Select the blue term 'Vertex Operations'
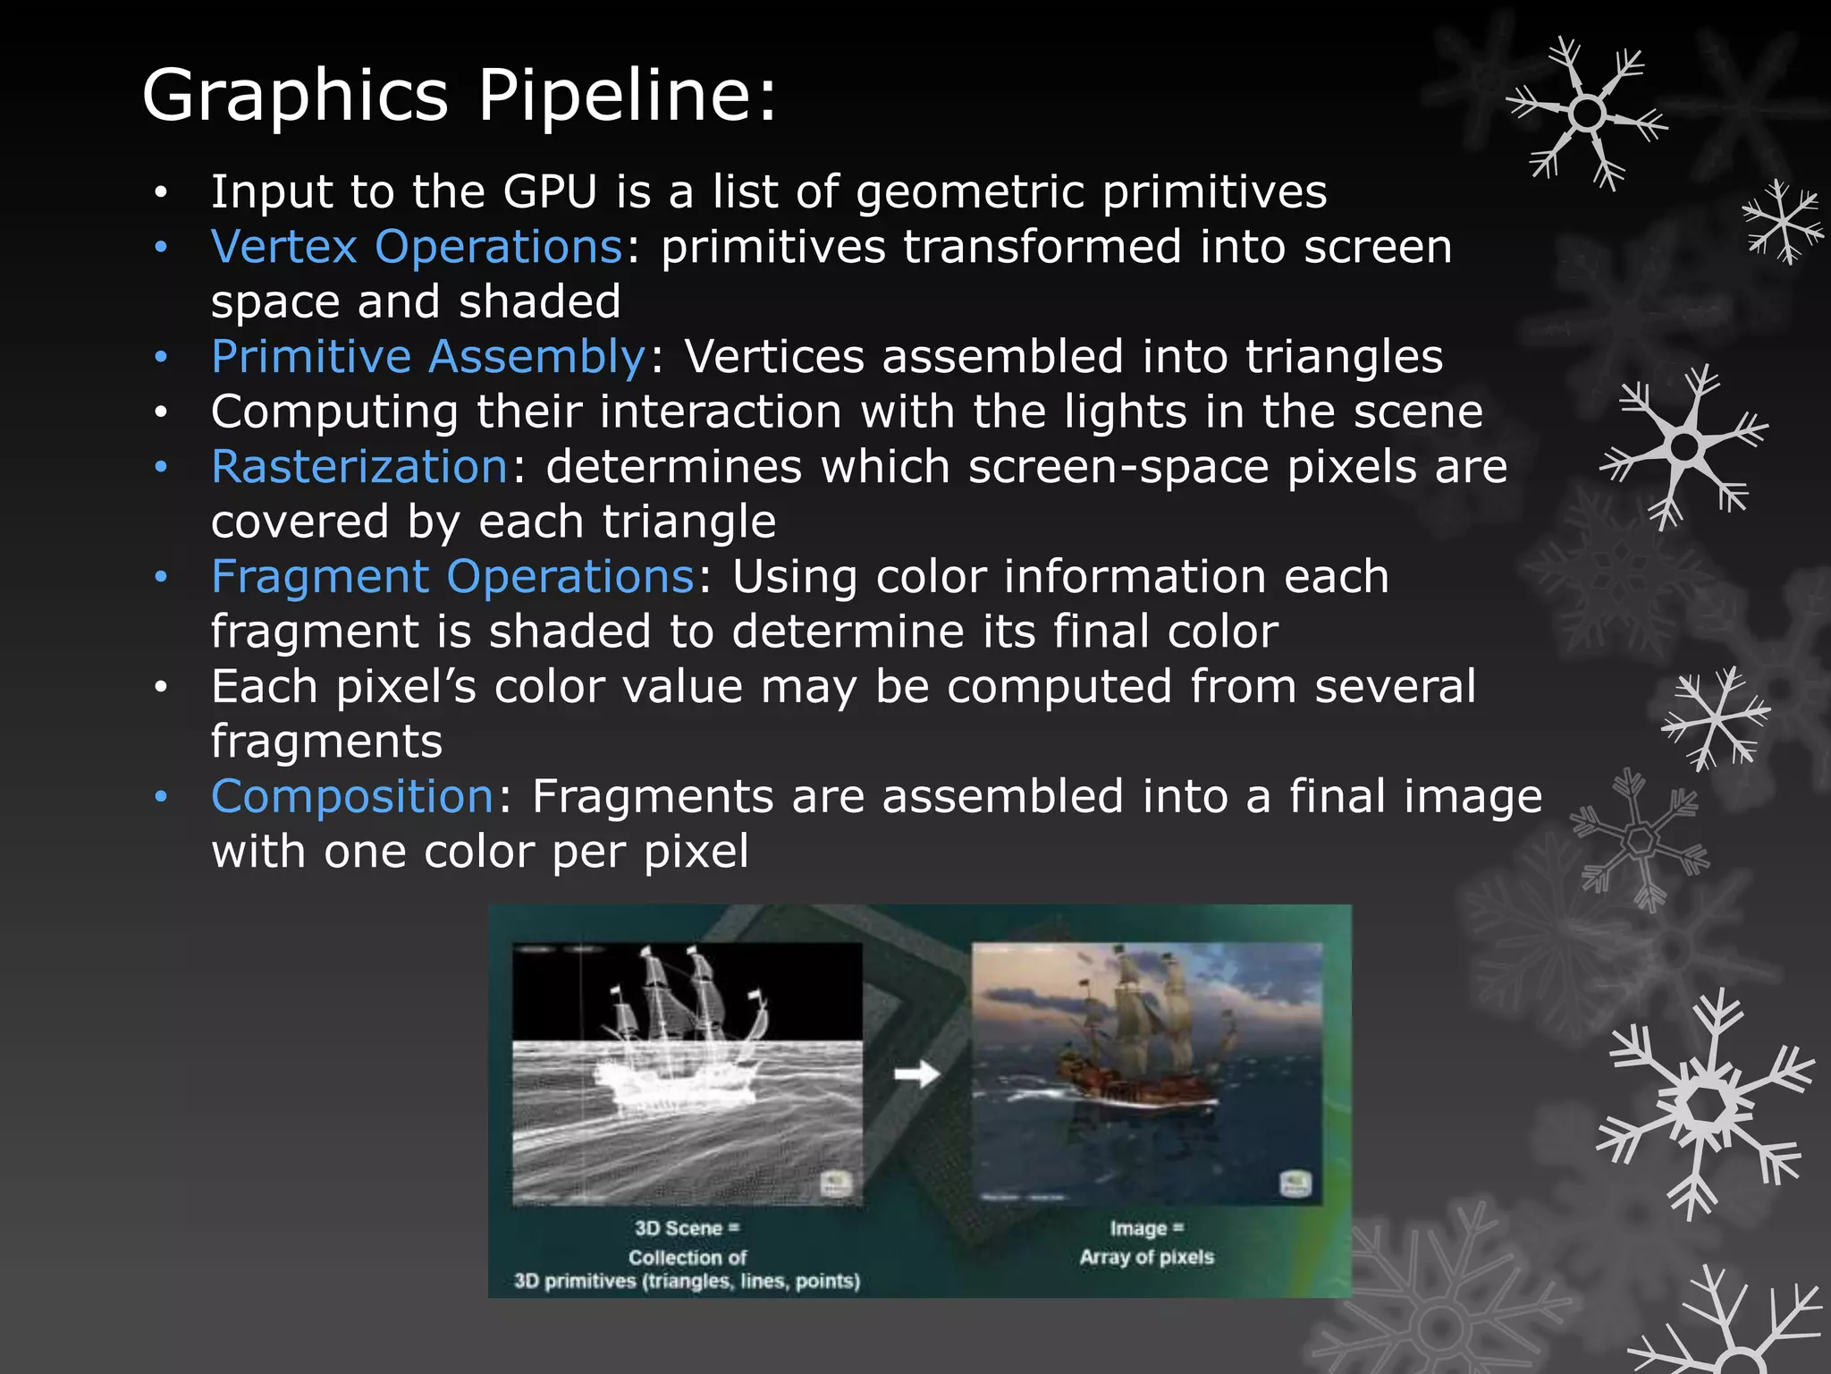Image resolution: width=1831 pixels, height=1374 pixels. [x=417, y=247]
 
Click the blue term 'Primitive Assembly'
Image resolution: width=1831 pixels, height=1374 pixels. [x=428, y=357]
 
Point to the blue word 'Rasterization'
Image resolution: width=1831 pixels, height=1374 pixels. [x=359, y=467]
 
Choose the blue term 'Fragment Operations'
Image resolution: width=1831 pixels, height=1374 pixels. [x=452, y=577]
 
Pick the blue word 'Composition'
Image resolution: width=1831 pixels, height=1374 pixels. [x=352, y=796]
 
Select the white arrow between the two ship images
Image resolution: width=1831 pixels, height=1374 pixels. [x=917, y=1073]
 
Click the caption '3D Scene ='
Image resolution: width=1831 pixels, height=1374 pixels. [x=687, y=1228]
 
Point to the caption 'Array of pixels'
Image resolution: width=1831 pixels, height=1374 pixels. [x=1146, y=1257]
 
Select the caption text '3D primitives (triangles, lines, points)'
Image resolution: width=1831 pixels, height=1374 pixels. [x=687, y=1281]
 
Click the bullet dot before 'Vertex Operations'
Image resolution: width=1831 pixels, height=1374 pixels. [x=160, y=248]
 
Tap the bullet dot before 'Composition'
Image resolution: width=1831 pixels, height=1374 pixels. [x=160, y=797]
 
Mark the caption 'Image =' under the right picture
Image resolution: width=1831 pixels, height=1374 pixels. [x=1146, y=1228]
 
